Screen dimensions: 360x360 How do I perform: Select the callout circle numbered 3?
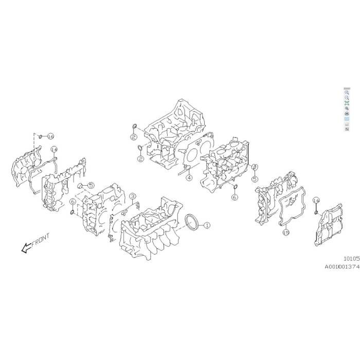[132, 195]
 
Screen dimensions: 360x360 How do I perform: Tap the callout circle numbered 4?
[189, 178]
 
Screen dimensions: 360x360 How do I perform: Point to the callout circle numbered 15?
[286, 232]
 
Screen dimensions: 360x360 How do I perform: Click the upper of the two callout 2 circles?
[133, 138]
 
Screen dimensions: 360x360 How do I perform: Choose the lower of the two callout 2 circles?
[140, 159]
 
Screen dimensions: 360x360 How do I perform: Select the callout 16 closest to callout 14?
[50, 136]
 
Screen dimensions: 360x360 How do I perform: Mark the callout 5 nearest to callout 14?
[90, 186]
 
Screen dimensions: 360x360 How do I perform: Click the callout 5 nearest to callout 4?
[254, 179]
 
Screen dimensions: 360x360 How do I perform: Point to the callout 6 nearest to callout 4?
[235, 197]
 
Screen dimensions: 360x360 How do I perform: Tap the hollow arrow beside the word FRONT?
[24, 248]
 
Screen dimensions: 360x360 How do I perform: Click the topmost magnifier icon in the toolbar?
[347, 92]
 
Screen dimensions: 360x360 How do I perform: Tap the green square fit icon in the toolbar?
[347, 103]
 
